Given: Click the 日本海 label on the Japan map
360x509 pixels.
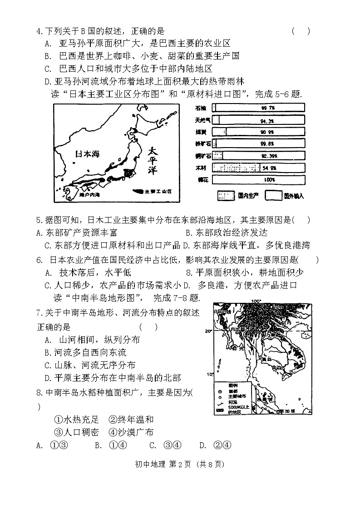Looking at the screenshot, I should click(x=87, y=153).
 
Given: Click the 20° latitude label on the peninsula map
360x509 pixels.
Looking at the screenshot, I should click(x=209, y=331).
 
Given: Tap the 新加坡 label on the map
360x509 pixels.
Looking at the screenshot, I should click(x=287, y=411).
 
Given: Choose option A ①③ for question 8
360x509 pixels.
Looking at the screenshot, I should click(x=52, y=445).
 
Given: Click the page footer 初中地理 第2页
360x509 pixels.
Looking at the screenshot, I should click(x=180, y=464).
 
